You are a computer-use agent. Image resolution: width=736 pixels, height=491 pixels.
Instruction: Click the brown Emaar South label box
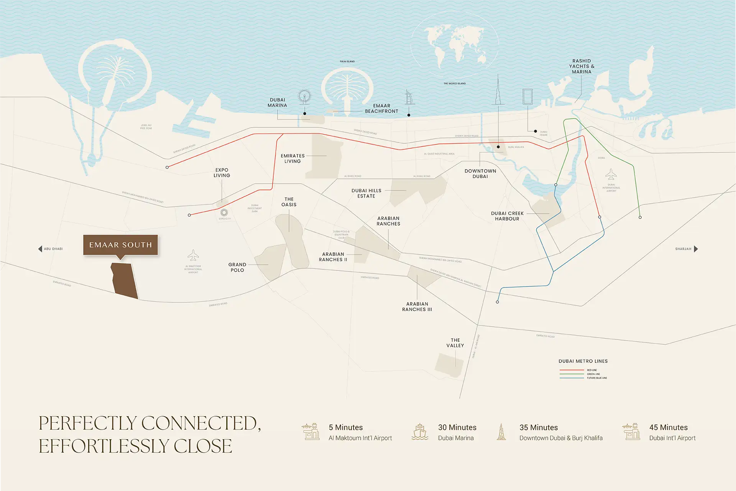point(120,245)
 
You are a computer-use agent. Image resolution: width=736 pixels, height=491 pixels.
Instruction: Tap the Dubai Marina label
point(277,102)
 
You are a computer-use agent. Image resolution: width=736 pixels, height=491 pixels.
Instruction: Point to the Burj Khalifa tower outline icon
point(498,90)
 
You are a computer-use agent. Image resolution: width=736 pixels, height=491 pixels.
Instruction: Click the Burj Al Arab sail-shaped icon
point(410,97)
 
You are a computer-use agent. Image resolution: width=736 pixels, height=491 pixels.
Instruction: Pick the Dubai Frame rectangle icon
point(527,96)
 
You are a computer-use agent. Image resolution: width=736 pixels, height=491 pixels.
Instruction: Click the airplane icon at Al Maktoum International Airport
point(193,255)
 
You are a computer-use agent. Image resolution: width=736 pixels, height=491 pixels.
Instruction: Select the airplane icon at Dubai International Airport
point(611,175)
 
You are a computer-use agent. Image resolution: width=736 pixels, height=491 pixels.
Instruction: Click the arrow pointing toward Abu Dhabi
point(40,249)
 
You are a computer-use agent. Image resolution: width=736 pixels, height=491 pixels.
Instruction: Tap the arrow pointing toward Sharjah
point(696,249)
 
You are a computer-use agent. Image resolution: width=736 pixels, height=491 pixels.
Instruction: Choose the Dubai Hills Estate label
point(366,193)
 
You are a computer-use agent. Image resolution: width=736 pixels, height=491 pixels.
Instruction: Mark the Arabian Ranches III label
point(417,306)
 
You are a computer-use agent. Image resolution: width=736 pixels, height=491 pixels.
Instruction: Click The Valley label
point(455,343)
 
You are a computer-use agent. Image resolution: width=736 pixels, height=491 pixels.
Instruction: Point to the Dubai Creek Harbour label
point(507,216)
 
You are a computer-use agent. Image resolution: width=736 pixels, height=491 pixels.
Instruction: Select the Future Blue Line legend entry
point(596,378)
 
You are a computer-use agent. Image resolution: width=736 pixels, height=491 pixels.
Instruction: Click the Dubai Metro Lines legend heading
point(583,361)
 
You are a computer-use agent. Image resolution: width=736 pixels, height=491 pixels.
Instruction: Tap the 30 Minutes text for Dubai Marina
point(457,427)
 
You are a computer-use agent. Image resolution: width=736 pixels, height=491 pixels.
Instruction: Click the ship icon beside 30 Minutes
point(420,432)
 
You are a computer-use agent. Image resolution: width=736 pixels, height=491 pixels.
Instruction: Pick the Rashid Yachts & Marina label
point(582,66)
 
